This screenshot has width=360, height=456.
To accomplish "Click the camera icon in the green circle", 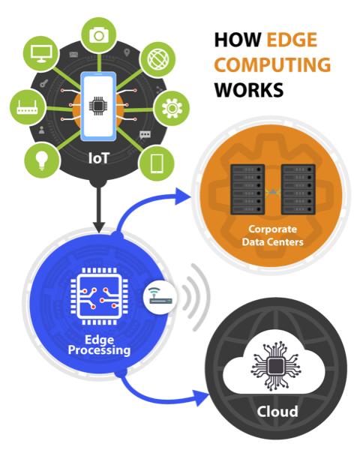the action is coord(99,35).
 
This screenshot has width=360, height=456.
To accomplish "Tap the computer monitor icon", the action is coord(41,53).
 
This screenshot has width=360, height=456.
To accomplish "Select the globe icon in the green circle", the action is coord(158,59).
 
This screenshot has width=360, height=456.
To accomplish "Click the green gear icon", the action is coord(172,108).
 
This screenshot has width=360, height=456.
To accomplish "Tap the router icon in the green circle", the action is coord(27,107).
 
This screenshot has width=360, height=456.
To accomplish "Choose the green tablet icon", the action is coord(157,163).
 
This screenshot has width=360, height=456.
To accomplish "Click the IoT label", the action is coord(99,158).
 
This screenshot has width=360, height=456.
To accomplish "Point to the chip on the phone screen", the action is coord(98,106).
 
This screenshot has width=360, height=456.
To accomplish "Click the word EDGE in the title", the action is coord(292,40).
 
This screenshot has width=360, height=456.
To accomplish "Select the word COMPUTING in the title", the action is coord(272,64).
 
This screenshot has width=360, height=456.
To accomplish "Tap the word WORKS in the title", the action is coord(249,90).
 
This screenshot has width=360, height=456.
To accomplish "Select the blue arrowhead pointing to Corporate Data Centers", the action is coord(181,196).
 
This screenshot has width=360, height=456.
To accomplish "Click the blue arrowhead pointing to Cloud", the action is coord(202,397).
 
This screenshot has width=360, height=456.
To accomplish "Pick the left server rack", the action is coord(247,190).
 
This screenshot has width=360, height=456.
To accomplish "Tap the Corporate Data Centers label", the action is coord(272,235).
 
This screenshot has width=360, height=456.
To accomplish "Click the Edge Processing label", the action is coord(99,345).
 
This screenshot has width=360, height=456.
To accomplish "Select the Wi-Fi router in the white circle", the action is coord(160,297).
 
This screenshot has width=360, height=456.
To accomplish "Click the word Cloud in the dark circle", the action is coord(277,412).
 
